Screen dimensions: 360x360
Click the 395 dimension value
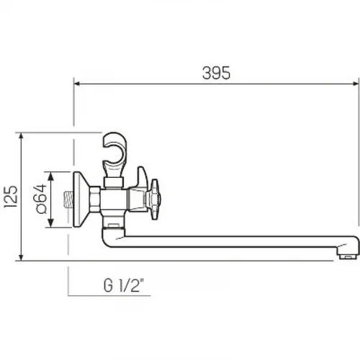pyautogui.click(x=216, y=73)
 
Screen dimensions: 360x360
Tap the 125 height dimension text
pyautogui.click(x=11, y=197)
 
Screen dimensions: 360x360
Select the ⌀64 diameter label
pyautogui.click(x=41, y=199)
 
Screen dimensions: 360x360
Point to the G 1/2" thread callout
pyautogui.click(x=124, y=285)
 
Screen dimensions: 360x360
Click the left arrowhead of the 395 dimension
pyautogui.click(x=76, y=84)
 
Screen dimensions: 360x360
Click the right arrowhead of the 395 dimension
pyautogui.click(x=356, y=84)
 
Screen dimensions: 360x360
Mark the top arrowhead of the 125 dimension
pyautogui.click(x=21, y=135)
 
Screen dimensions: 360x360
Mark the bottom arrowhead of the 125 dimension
pyautogui.click(x=21, y=257)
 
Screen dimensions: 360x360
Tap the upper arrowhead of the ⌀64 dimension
pyautogui.click(x=50, y=176)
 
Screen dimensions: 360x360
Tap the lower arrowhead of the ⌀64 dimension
pyautogui.click(x=50, y=223)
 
